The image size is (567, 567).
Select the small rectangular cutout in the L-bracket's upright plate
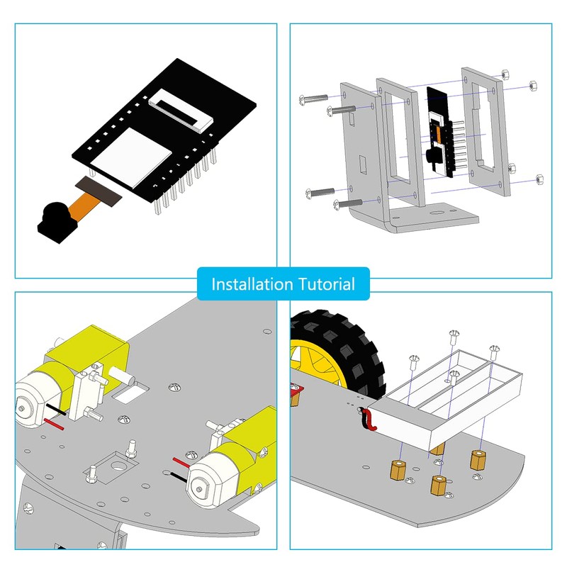tap(363, 164)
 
